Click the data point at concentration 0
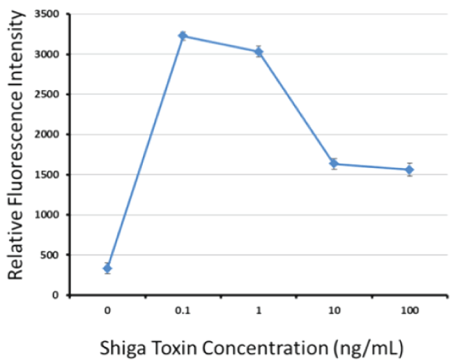(107, 268)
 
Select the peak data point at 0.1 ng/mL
(183, 36)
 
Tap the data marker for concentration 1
(259, 52)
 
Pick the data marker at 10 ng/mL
(334, 164)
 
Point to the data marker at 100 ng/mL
(409, 170)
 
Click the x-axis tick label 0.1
(183, 309)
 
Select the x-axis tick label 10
(334, 309)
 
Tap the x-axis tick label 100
(409, 309)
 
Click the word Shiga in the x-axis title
(119, 346)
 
